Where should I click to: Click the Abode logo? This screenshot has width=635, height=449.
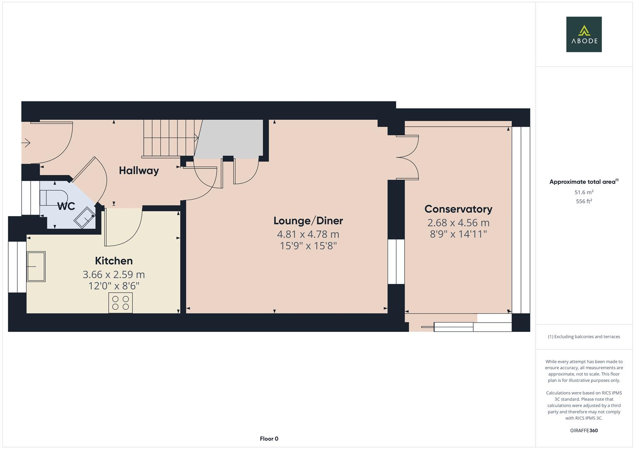point(583,34)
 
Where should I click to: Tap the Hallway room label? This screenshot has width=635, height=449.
point(139,170)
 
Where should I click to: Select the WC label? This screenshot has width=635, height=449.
point(66,206)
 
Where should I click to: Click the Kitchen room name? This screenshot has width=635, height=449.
point(114,261)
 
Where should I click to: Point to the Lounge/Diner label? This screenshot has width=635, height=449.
point(308,221)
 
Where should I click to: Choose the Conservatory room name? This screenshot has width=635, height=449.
point(458,209)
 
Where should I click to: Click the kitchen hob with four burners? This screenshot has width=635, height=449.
point(121,303)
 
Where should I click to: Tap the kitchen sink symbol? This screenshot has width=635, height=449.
point(36,266)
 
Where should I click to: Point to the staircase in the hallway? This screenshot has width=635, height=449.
point(170,138)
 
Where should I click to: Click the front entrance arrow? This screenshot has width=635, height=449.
point(26,143)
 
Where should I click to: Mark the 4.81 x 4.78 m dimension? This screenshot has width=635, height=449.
point(308,234)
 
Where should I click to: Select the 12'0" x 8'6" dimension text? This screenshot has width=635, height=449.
point(114,286)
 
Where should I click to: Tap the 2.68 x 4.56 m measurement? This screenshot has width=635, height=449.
point(458,223)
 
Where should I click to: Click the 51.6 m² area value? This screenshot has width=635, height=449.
point(583,192)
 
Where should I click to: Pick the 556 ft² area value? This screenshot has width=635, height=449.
point(583,201)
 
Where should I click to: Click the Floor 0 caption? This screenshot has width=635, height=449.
point(269,439)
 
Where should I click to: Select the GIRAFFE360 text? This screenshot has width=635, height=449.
point(583,430)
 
